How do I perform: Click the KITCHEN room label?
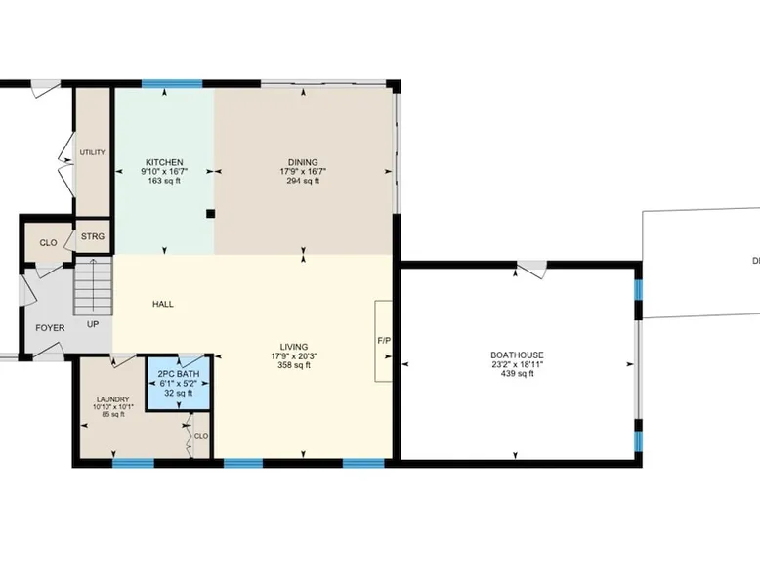[164, 162]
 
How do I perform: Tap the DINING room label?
[303, 162]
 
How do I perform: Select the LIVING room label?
[294, 347]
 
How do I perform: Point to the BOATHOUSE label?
[517, 355]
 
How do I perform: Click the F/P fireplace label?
[384, 341]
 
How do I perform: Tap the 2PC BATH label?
[179, 374]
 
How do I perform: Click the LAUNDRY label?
[113, 399]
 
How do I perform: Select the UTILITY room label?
[92, 152]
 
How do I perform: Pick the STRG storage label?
[93, 236]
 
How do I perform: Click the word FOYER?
[50, 328]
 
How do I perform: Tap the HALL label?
[163, 305]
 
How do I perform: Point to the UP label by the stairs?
[93, 324]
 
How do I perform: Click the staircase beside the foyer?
[93, 286]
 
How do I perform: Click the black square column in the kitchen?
[210, 213]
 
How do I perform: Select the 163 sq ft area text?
[164, 181]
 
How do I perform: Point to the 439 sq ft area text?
[517, 374]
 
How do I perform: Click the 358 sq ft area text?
[294, 365]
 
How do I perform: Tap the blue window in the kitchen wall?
[172, 83]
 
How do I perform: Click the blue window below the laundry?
[133, 463]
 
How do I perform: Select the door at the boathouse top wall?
[532, 269]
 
